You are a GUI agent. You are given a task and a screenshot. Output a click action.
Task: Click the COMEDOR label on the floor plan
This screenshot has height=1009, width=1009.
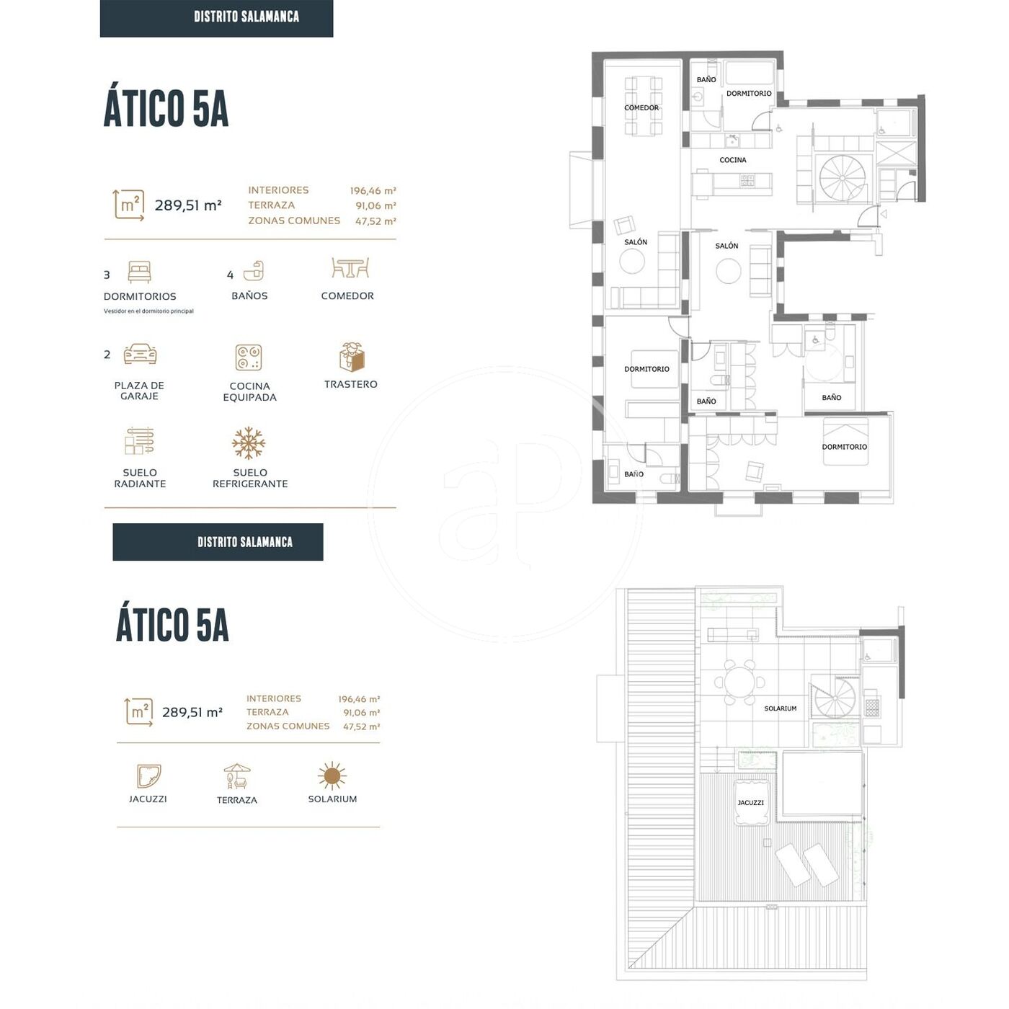coord(641,108)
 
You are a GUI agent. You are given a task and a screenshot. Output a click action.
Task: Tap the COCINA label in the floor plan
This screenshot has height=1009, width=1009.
coord(732,160)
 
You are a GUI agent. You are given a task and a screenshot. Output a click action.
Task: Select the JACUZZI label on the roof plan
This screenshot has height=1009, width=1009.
coord(750,803)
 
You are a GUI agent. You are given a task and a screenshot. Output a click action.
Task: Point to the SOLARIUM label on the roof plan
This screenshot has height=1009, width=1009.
coord(780,708)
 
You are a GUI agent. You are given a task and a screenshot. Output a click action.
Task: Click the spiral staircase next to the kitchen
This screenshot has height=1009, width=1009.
coord(842,178)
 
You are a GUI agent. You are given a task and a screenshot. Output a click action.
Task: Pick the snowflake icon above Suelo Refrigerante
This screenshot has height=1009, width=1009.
coord(249,443)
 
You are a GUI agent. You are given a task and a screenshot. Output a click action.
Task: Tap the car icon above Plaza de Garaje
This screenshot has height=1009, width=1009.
coord(140,354)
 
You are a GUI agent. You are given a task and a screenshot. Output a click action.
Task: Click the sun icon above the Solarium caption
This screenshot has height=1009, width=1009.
coord(332,775)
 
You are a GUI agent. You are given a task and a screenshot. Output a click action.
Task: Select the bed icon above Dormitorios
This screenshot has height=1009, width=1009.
coord(139,272)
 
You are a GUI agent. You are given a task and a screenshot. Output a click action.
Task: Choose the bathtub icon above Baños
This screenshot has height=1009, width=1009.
coord(254,270)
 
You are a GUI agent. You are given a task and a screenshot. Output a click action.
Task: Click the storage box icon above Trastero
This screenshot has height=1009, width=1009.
coord(352,357)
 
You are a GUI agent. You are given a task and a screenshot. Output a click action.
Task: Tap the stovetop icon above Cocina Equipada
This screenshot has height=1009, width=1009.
coord(249,357)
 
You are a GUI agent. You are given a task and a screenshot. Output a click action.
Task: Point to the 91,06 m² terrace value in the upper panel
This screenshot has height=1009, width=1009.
coord(376,206)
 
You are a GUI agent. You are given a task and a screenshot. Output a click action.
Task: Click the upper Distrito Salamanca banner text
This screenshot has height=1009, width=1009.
coord(246,17)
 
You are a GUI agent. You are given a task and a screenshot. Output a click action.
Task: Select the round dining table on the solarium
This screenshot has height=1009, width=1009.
coord(739,683)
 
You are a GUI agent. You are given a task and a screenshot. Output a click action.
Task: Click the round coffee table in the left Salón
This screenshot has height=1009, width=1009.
coord(632,261)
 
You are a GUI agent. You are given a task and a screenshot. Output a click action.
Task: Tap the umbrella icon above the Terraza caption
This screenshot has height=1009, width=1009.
coord(237,776)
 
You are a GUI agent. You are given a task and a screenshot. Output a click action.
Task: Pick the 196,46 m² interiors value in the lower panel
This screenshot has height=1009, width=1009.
coord(359,699)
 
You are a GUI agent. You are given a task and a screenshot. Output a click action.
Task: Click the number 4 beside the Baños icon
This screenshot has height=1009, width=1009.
coord(230,275)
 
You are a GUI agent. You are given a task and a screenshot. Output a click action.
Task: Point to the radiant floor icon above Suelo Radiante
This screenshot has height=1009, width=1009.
coord(139,441)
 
